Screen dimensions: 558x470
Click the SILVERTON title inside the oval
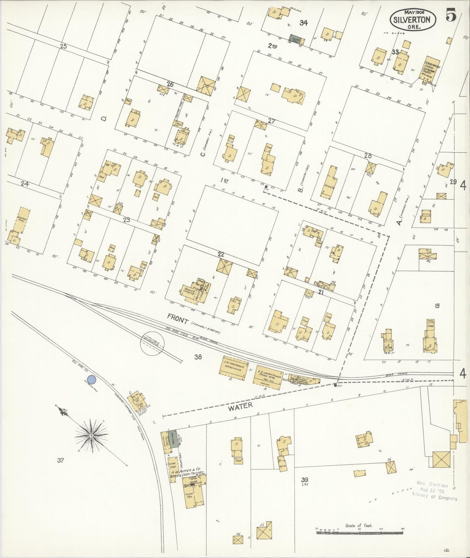[412, 19]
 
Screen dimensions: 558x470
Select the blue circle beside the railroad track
[92, 379]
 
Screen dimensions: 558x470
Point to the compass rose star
[91, 435]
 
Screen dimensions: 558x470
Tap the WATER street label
[240, 405]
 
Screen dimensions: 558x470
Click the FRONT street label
[178, 321]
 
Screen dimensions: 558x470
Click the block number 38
[198, 357]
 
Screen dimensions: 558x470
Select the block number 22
[221, 254]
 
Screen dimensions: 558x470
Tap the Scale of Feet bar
[359, 533]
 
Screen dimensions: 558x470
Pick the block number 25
[63, 47]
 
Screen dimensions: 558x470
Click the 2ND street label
[273, 47]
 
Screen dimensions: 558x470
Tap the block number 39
[304, 480]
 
